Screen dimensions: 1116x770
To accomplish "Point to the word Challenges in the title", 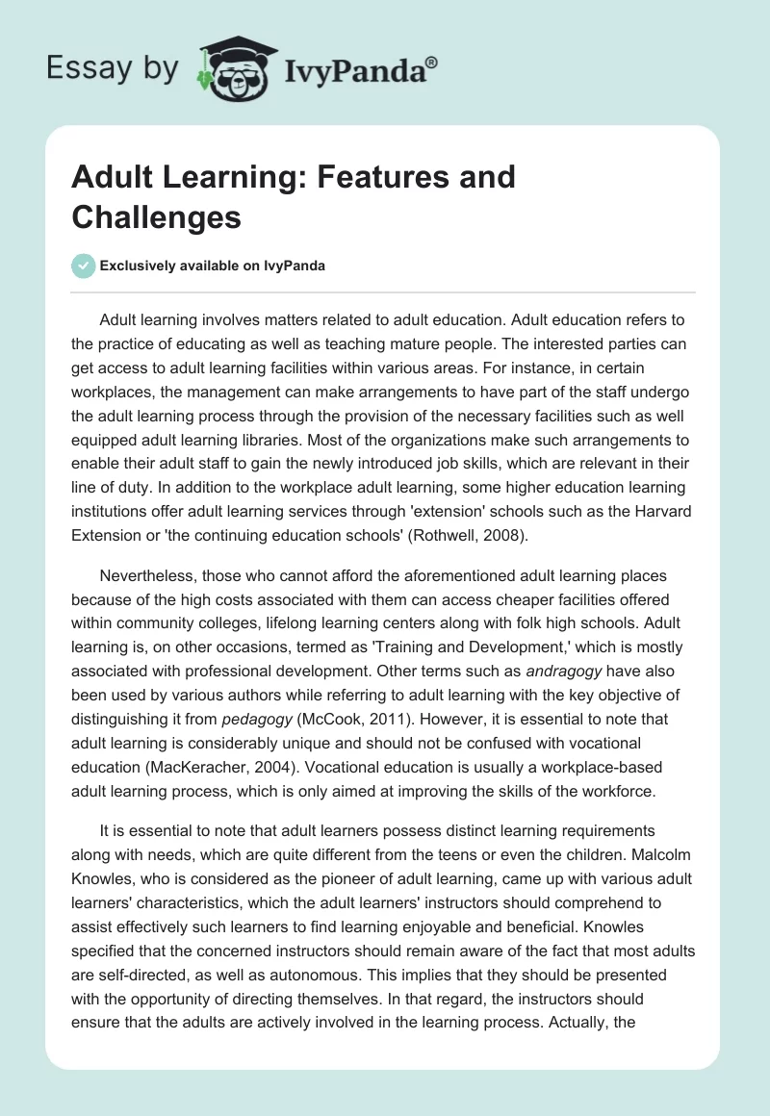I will click(x=156, y=217).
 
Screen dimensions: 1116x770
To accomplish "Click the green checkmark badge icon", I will click(x=83, y=266).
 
